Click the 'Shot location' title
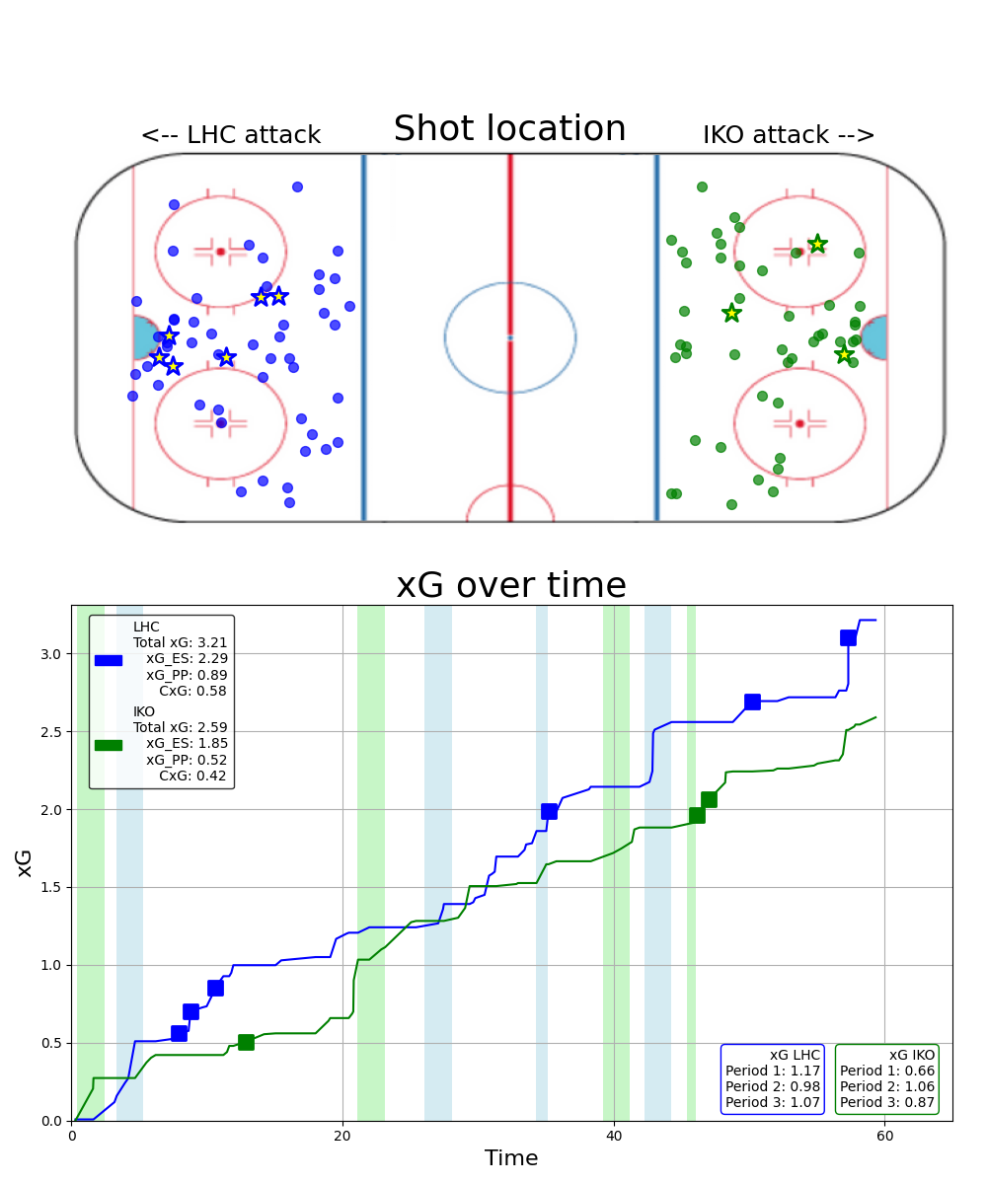coord(509,129)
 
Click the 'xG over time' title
coord(510,585)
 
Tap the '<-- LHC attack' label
coord(230,135)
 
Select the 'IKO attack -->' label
coord(789,135)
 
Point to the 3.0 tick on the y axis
coord(51,654)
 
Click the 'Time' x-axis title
coord(510,1158)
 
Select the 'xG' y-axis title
coord(25,862)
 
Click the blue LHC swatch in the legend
coord(109,660)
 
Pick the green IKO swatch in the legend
coord(109,745)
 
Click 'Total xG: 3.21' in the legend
coord(181,642)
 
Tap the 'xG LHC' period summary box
coord(772,1078)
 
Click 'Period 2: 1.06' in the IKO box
coord(887,1086)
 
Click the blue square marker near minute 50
coord(752,702)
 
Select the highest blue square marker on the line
coord(848,637)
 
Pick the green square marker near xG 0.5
coord(246,1042)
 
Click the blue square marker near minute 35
coord(549,811)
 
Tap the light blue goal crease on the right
coord(874,337)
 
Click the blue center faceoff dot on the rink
coord(510,337)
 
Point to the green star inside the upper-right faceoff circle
coord(817,244)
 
